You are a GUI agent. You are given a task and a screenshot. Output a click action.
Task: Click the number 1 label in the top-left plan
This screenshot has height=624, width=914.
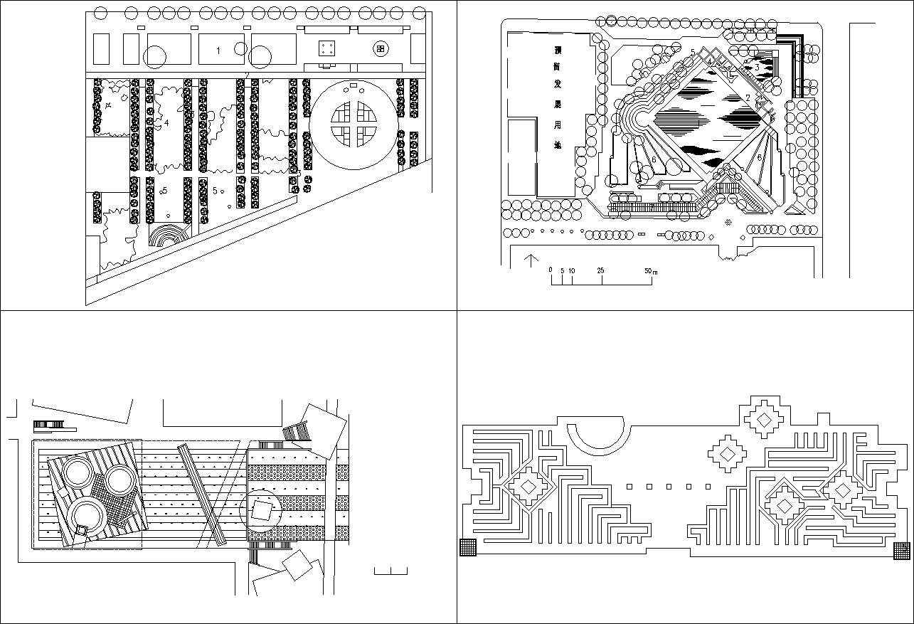click(218, 50)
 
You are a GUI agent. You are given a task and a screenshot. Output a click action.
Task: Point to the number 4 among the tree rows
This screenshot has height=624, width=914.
click(166, 123)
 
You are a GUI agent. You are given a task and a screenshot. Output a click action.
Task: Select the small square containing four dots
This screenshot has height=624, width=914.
click(327, 48)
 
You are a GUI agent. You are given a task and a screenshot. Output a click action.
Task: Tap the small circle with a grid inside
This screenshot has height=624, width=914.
click(381, 48)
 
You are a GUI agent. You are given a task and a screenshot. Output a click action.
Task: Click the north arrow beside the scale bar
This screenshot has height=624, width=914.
click(530, 260)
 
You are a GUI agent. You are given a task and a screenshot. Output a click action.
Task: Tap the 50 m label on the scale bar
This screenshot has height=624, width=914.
click(650, 271)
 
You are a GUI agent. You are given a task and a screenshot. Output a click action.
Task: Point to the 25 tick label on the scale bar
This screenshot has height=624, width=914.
click(601, 271)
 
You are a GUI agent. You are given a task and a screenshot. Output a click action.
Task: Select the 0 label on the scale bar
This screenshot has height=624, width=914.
click(551, 270)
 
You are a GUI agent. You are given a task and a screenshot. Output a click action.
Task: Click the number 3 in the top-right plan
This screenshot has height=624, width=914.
click(757, 67)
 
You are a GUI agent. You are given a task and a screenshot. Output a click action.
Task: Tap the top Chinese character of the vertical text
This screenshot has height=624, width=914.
click(558, 51)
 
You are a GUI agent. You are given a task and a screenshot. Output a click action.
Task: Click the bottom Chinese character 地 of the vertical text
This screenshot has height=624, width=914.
click(558, 145)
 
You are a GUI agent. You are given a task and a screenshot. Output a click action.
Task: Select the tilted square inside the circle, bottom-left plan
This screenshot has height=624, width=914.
click(262, 509)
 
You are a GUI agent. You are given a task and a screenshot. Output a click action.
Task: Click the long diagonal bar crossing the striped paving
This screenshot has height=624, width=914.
click(202, 495)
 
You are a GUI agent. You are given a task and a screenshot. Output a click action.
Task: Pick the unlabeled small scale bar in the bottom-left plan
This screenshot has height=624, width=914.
click(390, 571)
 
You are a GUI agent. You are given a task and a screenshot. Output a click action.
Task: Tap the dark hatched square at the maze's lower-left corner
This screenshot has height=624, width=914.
click(468, 547)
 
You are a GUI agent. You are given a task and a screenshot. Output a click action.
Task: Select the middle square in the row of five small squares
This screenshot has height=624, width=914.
click(669, 487)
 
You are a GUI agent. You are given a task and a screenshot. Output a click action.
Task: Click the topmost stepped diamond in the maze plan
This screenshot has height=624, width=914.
click(764, 420)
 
